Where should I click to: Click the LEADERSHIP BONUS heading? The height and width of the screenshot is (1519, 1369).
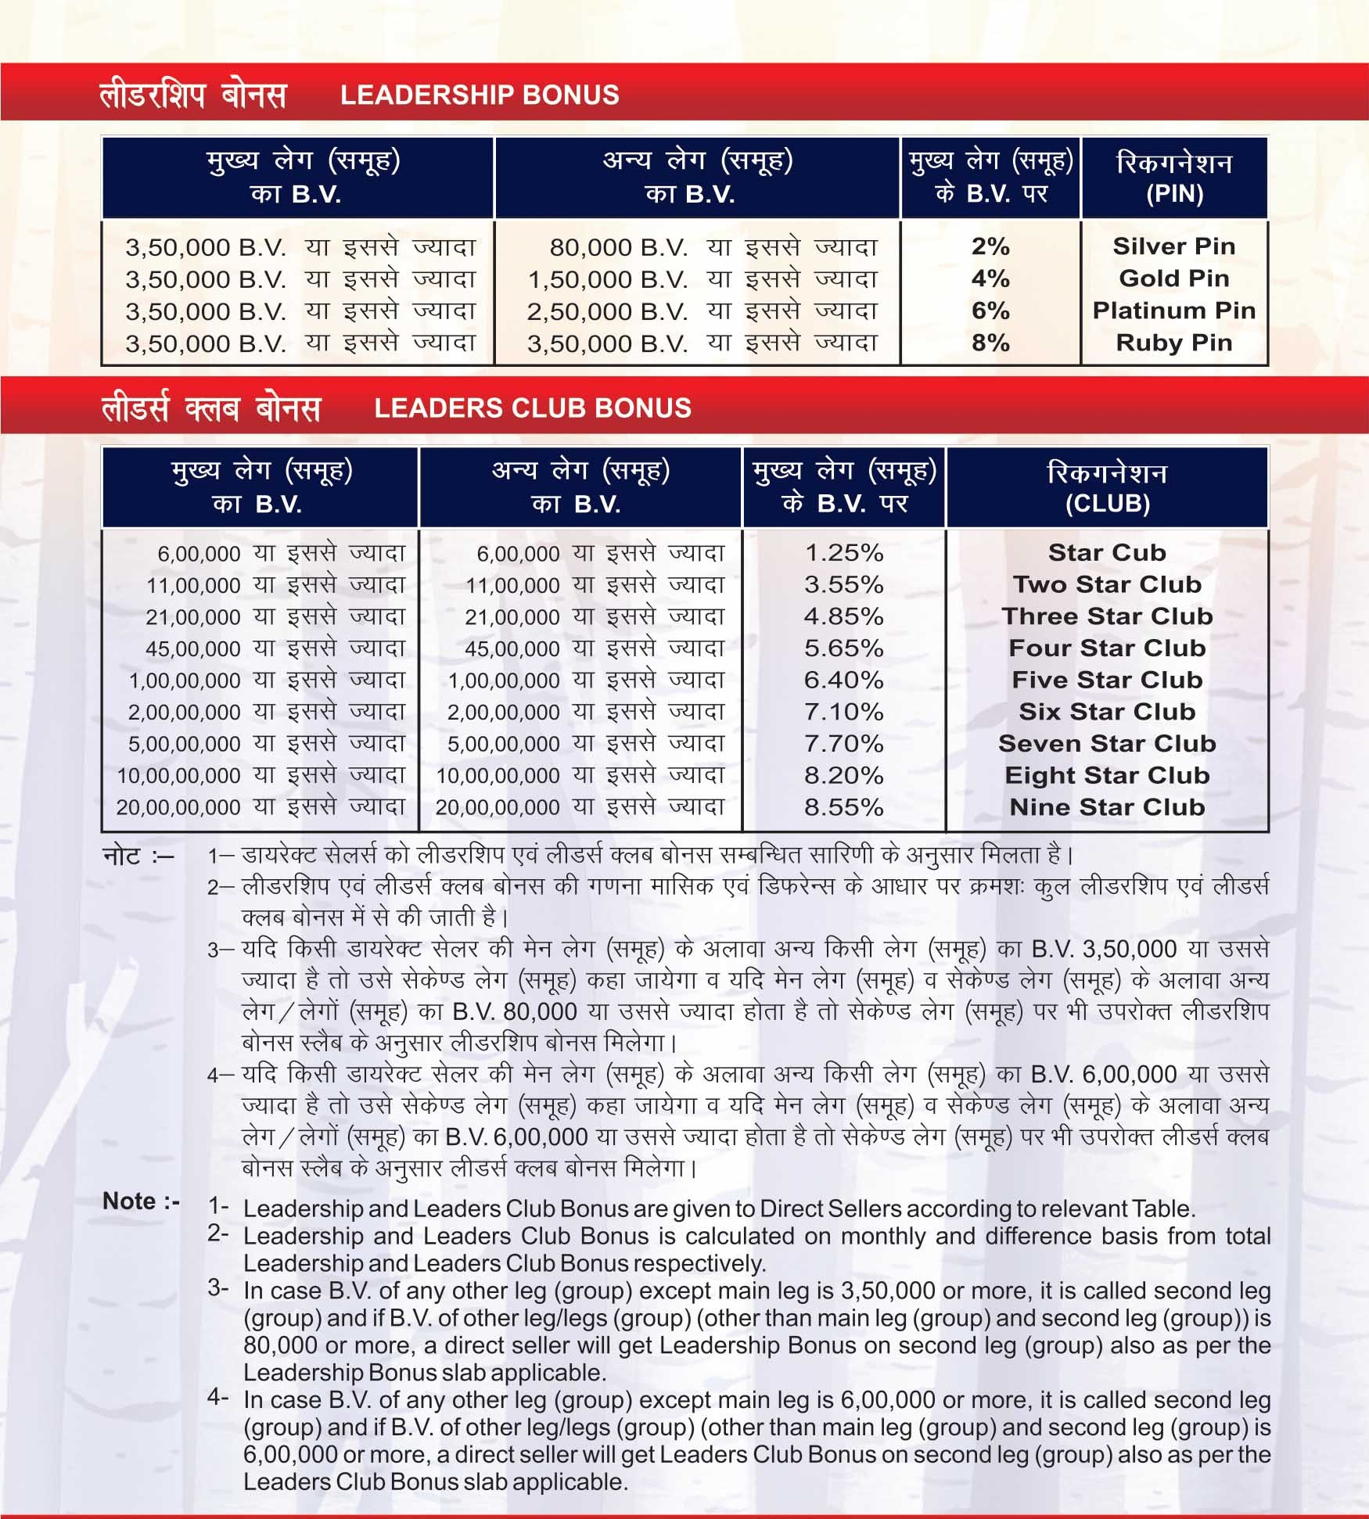click(x=479, y=95)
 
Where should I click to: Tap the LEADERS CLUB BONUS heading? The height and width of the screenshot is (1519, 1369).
click(x=532, y=408)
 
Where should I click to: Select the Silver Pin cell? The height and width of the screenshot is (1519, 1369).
click(x=1173, y=246)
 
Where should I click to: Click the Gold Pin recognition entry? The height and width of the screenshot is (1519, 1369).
click(x=1173, y=278)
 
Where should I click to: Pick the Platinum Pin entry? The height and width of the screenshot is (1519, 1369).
click(x=1173, y=311)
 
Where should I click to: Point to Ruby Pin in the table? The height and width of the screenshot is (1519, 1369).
click(x=1173, y=343)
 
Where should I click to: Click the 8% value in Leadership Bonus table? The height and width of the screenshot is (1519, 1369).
click(x=990, y=343)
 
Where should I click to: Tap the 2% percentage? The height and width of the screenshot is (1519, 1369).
click(x=990, y=246)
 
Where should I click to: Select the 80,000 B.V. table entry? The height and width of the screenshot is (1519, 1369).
click(x=618, y=247)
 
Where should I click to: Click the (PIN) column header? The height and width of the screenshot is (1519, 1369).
click(x=1173, y=194)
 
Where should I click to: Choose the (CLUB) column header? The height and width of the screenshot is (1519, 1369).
click(x=1107, y=504)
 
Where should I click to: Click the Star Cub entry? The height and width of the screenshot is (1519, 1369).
click(x=1107, y=552)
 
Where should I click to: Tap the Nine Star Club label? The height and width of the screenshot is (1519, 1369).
click(x=1107, y=807)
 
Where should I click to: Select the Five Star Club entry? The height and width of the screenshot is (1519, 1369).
click(x=1107, y=680)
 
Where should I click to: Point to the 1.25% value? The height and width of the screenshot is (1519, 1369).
click(x=843, y=553)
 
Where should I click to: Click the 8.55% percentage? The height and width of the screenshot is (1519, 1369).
click(x=843, y=807)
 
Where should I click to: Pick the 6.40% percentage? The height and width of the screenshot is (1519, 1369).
click(x=843, y=680)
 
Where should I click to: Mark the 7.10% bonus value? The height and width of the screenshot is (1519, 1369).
click(x=843, y=712)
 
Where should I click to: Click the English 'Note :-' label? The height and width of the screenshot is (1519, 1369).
click(x=141, y=1201)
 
